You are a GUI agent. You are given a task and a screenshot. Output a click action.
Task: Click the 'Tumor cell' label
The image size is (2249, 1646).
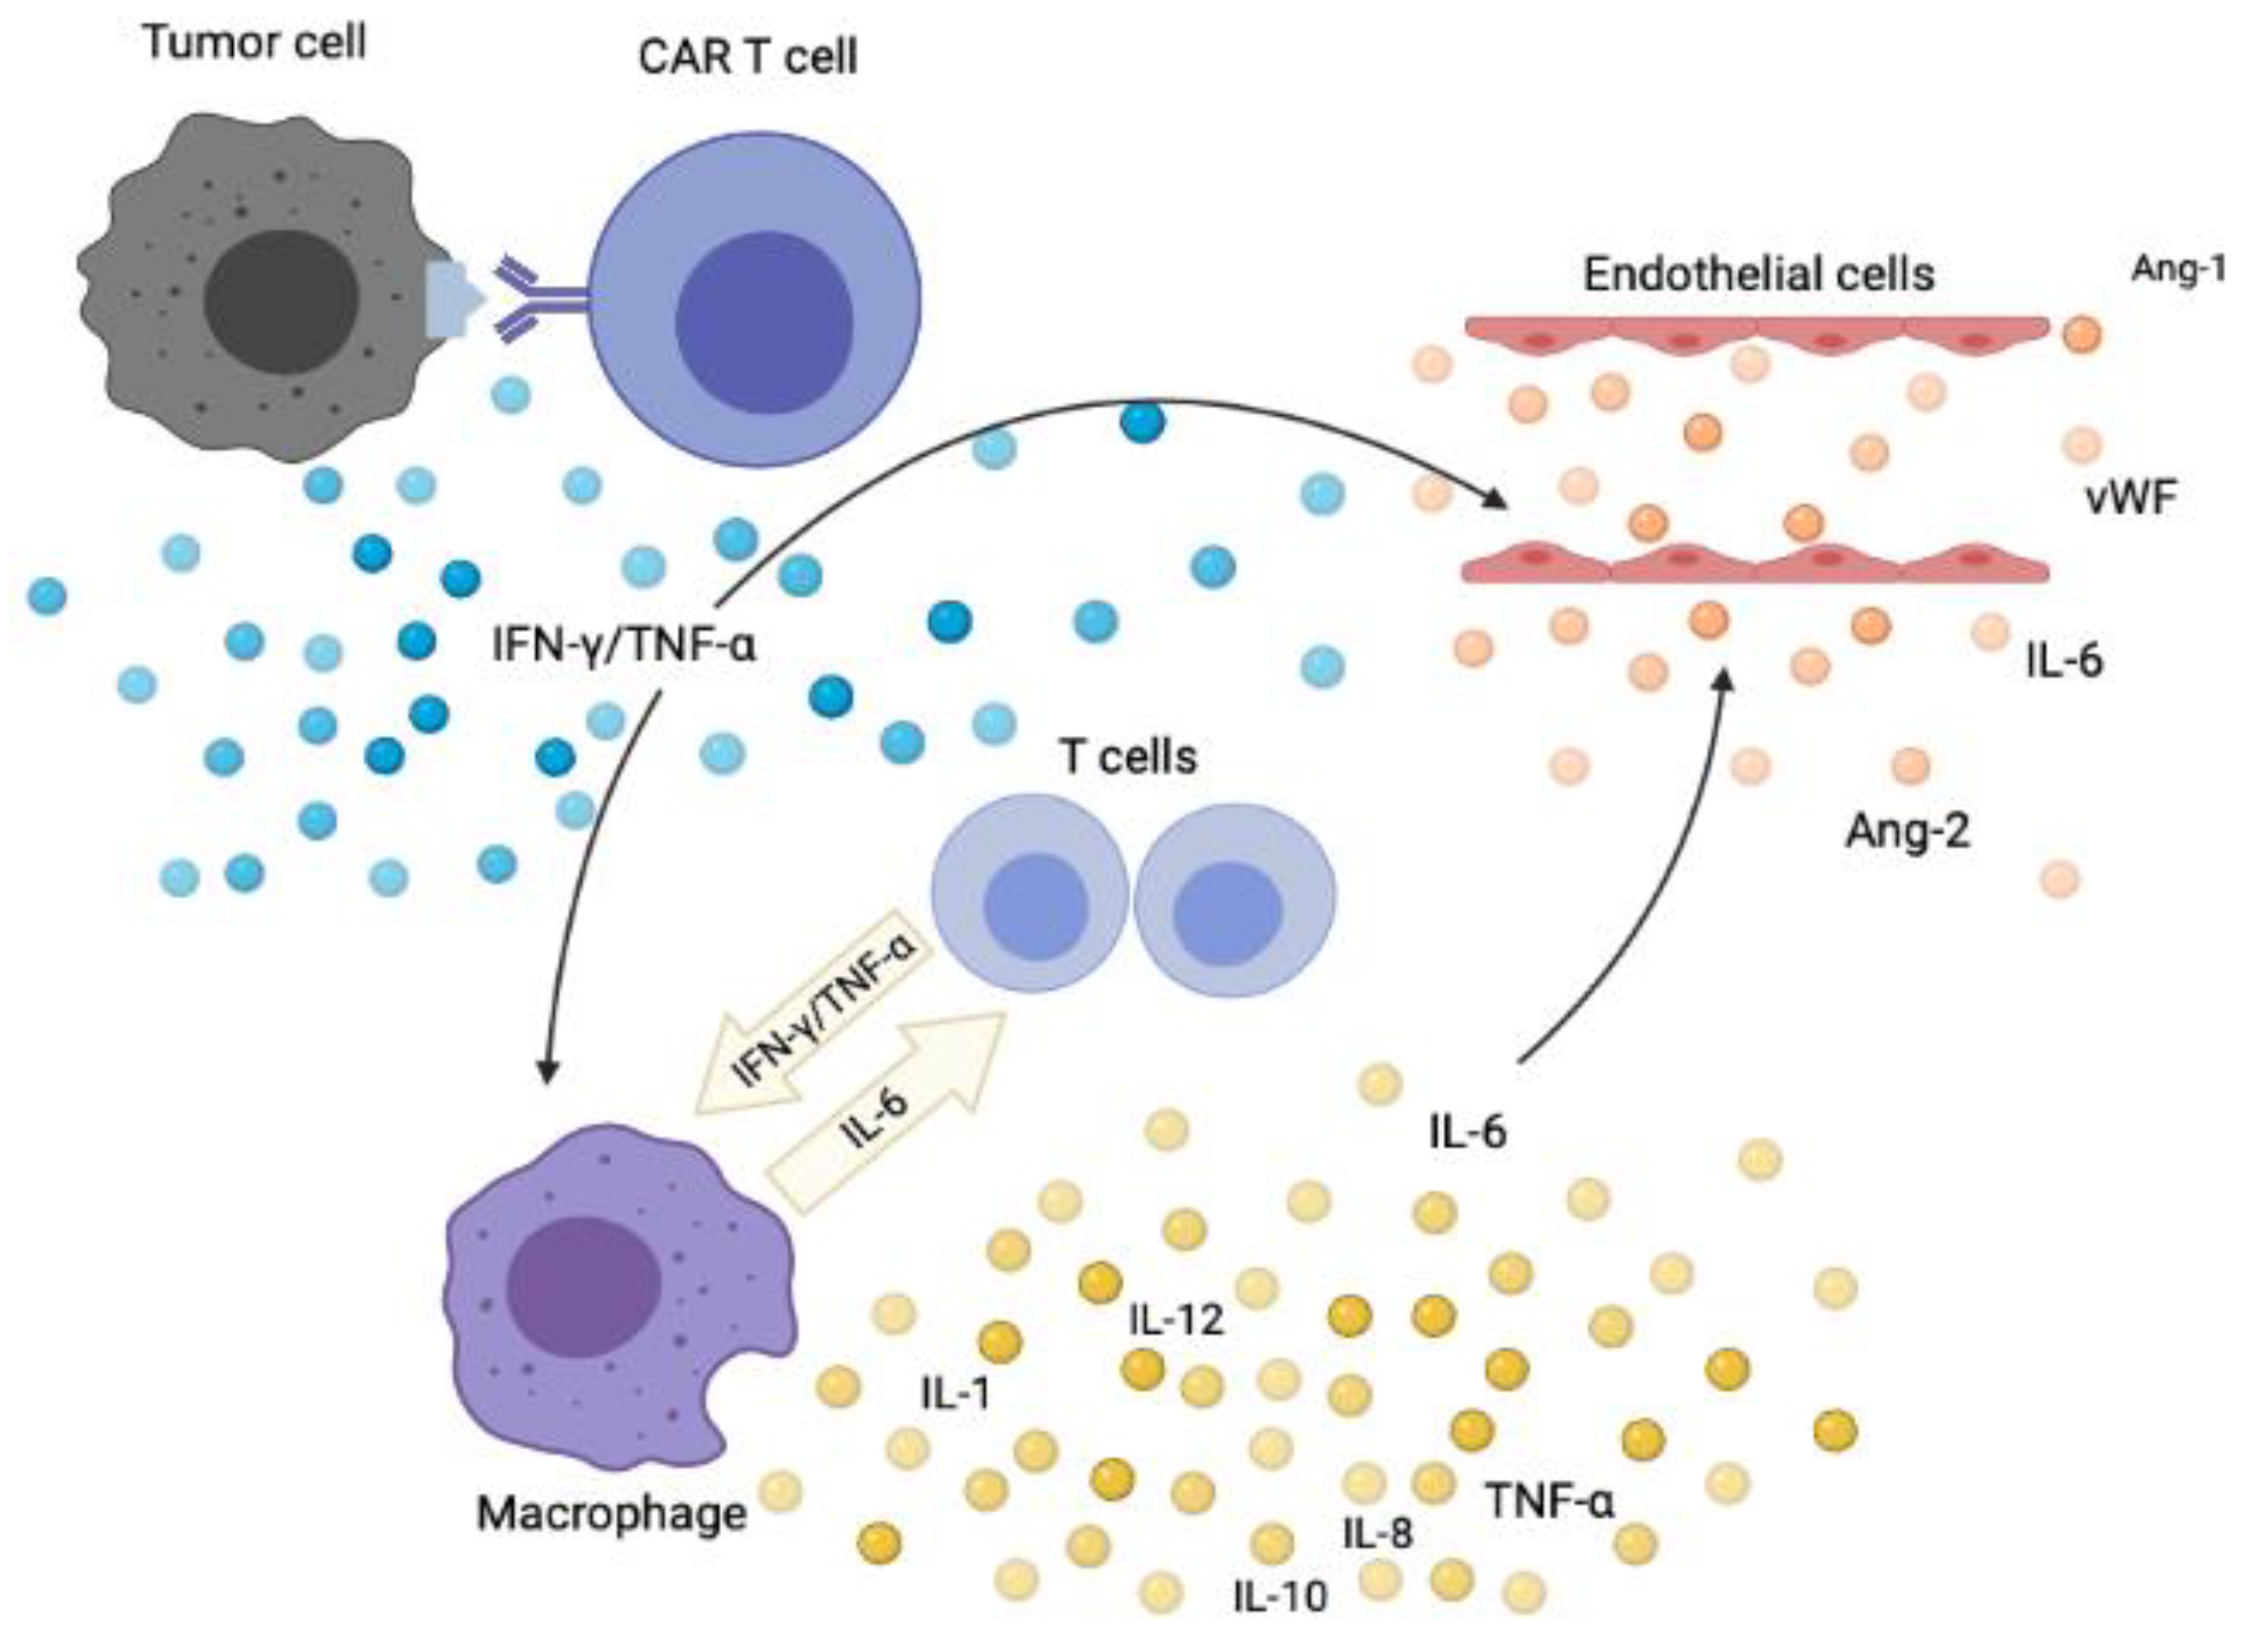click(x=255, y=42)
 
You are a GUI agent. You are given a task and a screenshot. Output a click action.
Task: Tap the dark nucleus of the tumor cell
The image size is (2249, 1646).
click(x=280, y=301)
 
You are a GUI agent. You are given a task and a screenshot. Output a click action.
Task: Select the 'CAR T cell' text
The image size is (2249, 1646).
click(x=747, y=57)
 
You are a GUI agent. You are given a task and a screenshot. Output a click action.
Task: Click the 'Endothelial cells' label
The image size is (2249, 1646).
click(x=1758, y=274)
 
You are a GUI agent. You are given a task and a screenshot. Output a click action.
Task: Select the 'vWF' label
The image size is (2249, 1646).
click(x=2131, y=497)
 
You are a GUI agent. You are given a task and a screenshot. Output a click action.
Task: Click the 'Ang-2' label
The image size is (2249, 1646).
click(x=1907, y=830)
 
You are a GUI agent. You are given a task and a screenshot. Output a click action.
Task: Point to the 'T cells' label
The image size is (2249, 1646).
click(x=1128, y=758)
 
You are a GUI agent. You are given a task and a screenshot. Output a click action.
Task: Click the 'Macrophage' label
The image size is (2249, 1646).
click(x=612, y=1513)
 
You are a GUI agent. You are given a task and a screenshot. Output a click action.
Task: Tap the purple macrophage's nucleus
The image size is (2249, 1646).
click(x=583, y=1285)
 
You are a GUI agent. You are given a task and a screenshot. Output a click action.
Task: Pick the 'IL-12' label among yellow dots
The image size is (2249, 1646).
click(x=1175, y=1320)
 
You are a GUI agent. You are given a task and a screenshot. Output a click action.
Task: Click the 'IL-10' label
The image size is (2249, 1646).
click(x=1280, y=1598)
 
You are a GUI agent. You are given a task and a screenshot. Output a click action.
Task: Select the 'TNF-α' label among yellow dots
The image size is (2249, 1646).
click(x=1549, y=1500)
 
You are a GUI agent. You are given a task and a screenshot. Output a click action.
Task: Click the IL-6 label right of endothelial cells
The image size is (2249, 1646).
click(x=2064, y=661)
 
